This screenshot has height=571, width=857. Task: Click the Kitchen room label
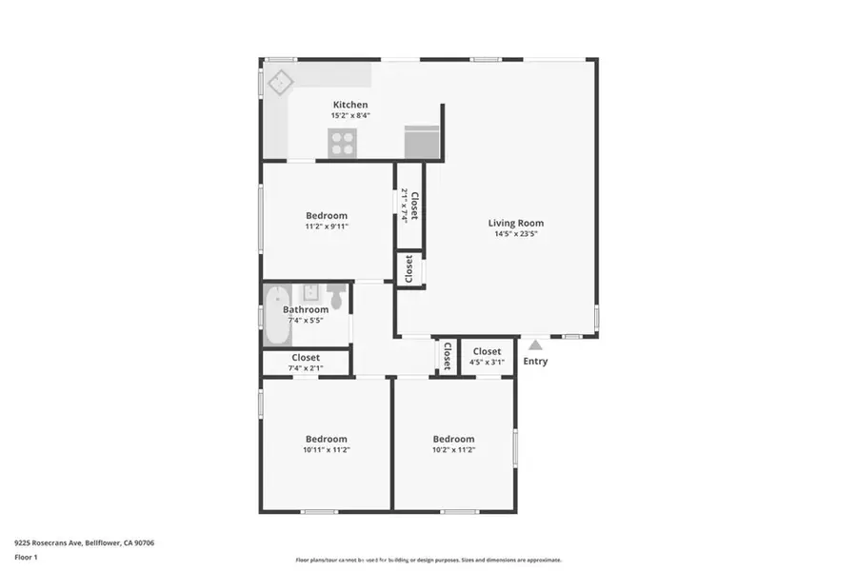click(x=349, y=105)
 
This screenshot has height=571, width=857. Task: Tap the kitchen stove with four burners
click(x=342, y=143)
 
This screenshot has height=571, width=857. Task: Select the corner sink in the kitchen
click(x=279, y=83)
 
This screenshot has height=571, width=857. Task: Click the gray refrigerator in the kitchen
click(x=422, y=142)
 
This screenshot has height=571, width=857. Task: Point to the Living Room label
click(x=516, y=224)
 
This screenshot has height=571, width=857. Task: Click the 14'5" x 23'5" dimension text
click(x=516, y=234)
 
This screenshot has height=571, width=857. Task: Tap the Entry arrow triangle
click(x=535, y=345)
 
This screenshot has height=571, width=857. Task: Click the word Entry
click(x=535, y=361)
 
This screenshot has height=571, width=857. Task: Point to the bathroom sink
click(x=310, y=292)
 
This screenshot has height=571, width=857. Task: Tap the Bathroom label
click(x=306, y=309)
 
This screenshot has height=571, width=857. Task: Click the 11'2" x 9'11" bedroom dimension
click(x=326, y=226)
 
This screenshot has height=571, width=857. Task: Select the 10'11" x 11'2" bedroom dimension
click(x=326, y=449)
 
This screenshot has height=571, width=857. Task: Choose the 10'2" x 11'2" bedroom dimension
click(x=453, y=449)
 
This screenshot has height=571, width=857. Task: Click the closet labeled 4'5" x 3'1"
click(x=487, y=357)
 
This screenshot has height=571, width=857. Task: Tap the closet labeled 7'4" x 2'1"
click(x=306, y=363)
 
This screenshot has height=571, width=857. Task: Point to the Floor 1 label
click(x=27, y=558)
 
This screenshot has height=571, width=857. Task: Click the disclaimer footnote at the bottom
click(x=428, y=560)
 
